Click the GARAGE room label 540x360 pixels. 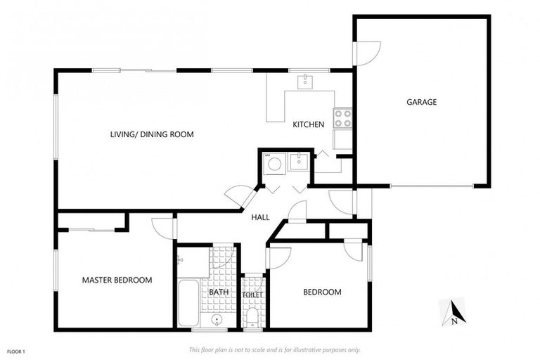coord(421,102)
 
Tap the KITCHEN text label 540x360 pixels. coord(308,124)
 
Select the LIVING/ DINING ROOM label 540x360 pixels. coord(151,134)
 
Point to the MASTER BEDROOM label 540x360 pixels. coord(117,280)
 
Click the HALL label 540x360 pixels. coord(261,218)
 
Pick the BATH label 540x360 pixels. coord(219,292)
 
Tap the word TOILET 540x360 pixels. coord(252,295)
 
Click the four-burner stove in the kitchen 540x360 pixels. coord(342,118)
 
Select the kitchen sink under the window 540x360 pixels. coord(306,82)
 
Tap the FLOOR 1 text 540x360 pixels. coord(16,350)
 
